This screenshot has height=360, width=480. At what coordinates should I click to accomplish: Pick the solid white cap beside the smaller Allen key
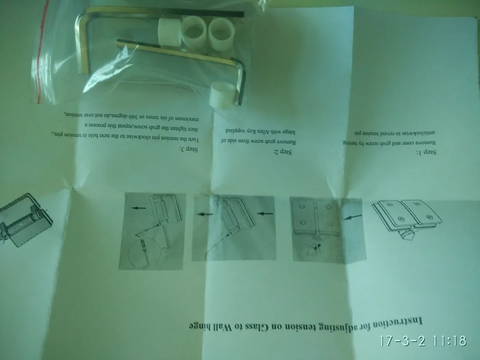[x=221, y=94]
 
